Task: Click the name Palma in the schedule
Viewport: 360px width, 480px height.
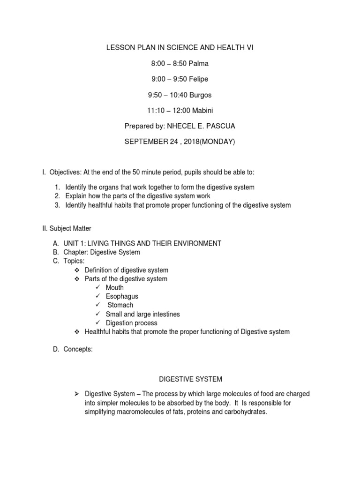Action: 199,64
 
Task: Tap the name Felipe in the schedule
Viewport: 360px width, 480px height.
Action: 199,79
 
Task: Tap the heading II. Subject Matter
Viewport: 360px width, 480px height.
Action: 67,228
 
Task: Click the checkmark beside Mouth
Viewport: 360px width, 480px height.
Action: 97,287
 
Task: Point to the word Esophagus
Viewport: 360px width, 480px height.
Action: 122,296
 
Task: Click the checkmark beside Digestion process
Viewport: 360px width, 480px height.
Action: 97,323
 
